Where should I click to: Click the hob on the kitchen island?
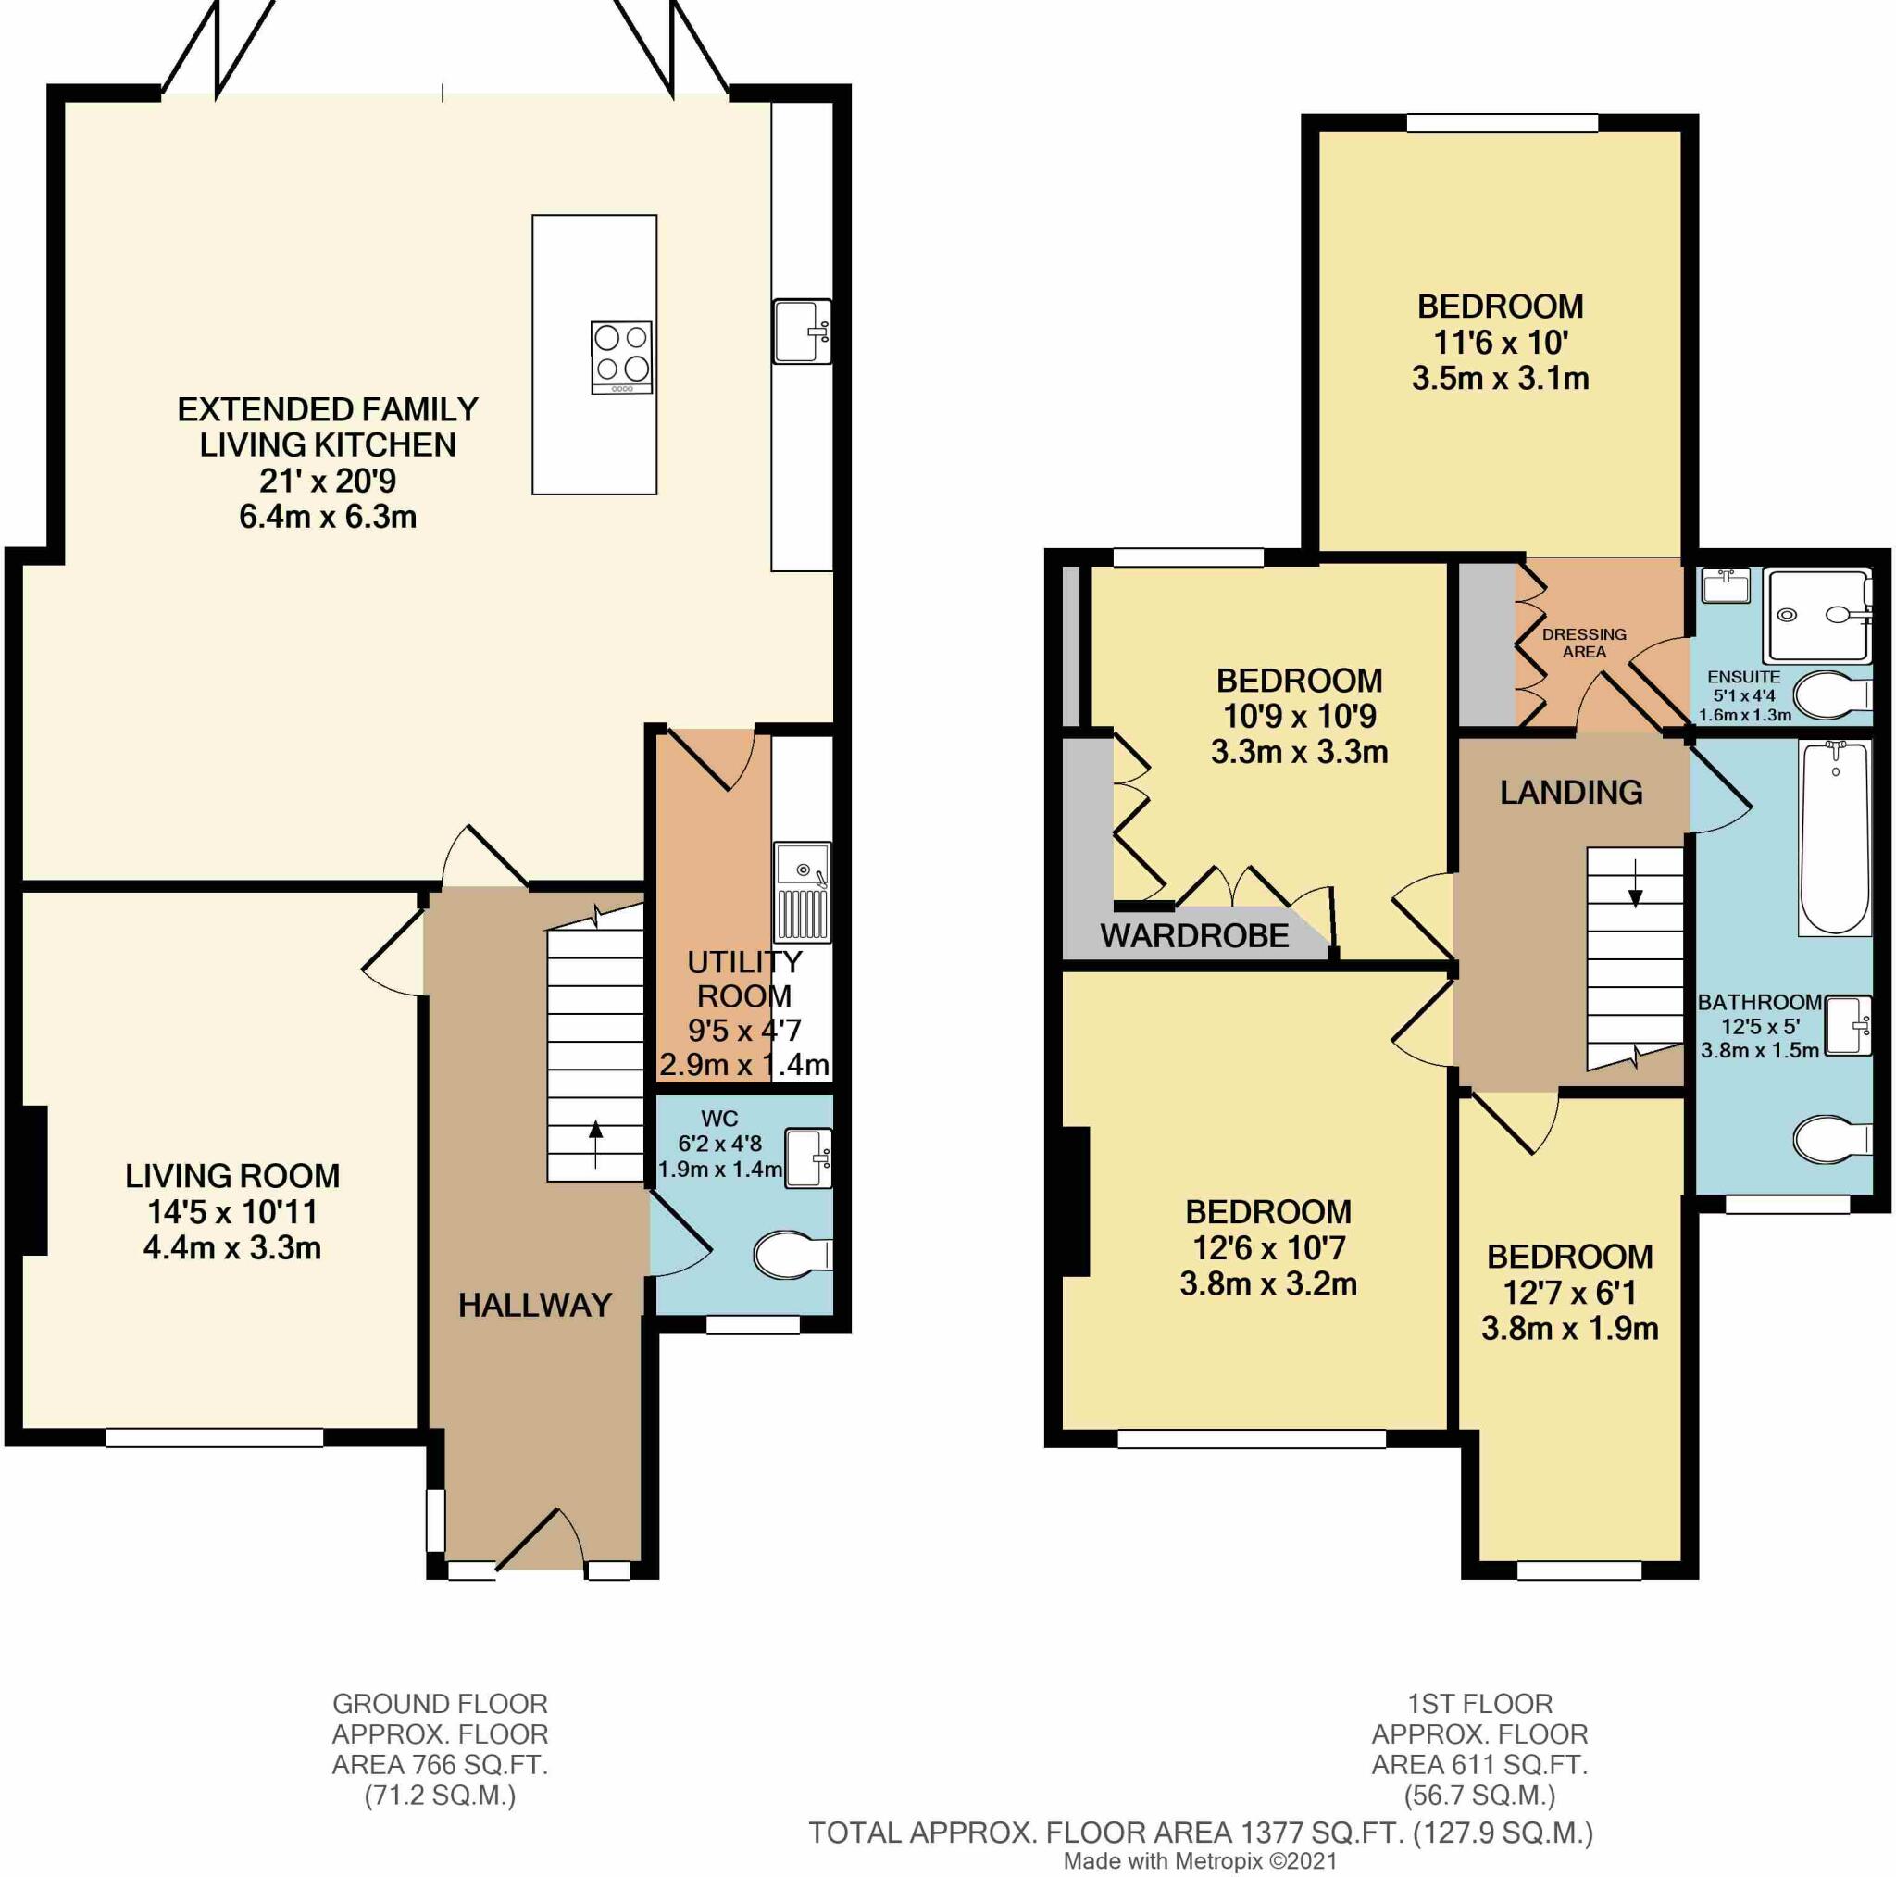pos(621,357)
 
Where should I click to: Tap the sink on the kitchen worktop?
pos(802,331)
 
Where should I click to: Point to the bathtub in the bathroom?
pos(1834,837)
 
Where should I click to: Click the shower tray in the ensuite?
pos(1817,616)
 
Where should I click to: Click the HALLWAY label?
pos(535,1305)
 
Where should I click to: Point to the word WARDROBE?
pos(1194,935)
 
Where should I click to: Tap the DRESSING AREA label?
pos(1584,643)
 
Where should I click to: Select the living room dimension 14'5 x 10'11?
pos(232,1211)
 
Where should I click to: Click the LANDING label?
pos(1571,793)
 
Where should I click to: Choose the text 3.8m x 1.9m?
pos(1569,1328)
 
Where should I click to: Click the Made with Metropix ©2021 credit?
pos(1199,1860)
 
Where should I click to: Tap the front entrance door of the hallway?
pos(537,1541)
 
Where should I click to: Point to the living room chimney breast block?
pos(34,1179)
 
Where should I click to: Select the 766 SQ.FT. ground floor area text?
pos(440,1764)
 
